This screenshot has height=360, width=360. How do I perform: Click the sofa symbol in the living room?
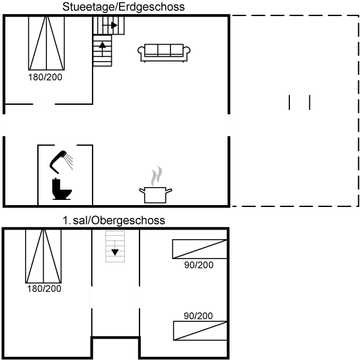[x=164, y=53]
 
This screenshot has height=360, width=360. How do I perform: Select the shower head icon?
[x=61, y=161]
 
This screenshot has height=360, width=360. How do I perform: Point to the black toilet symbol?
[x=62, y=189]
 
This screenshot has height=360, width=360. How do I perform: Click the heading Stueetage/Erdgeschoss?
[x=123, y=7]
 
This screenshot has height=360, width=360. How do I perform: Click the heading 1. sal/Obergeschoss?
[x=114, y=221]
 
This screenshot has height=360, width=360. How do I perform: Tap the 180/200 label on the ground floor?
[x=45, y=77]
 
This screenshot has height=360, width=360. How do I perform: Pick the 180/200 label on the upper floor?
[x=44, y=289]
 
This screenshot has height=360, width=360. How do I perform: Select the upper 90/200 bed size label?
[x=199, y=265]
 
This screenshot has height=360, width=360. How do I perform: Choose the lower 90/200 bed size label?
[x=198, y=316]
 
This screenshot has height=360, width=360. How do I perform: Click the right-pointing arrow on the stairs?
[x=110, y=25]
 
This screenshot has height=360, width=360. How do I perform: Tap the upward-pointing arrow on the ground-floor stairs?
[x=102, y=49]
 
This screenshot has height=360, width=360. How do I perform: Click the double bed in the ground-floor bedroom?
[x=46, y=43]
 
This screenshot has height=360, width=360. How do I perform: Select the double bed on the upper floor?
[x=44, y=256]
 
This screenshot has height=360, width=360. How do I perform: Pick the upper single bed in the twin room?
[x=200, y=249]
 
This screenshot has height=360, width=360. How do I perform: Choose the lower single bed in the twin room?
[x=200, y=330]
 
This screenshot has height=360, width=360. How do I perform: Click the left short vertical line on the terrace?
[x=289, y=102]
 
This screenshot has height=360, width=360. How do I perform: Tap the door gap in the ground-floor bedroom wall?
[x=44, y=104]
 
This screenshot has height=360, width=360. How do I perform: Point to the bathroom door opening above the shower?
[x=66, y=145]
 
